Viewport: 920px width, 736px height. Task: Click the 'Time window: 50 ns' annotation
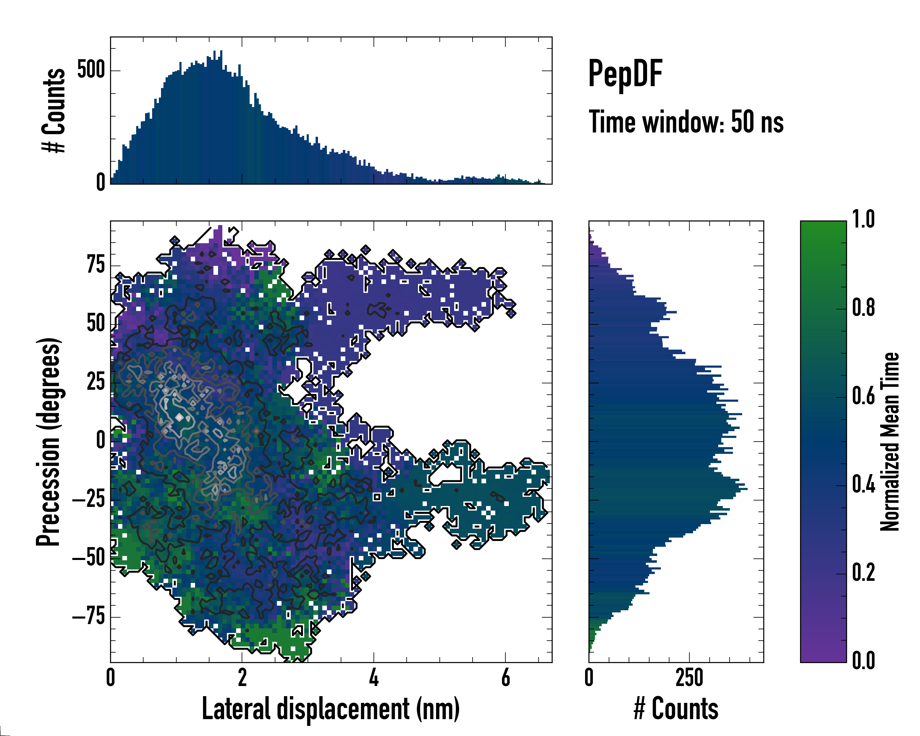click(686, 122)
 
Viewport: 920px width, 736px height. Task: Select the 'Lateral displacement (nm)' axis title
click(331, 709)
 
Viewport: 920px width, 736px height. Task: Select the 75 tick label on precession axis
click(96, 265)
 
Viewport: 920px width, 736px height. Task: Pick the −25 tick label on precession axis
click(89, 499)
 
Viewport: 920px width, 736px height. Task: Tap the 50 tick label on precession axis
click(96, 324)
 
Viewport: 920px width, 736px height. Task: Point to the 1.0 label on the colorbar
click(863, 220)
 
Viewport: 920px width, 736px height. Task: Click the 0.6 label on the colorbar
click(863, 397)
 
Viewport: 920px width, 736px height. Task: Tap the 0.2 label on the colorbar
click(863, 573)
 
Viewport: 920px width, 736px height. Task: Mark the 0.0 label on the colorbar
click(863, 661)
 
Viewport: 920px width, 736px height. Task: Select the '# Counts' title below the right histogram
click(676, 709)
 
